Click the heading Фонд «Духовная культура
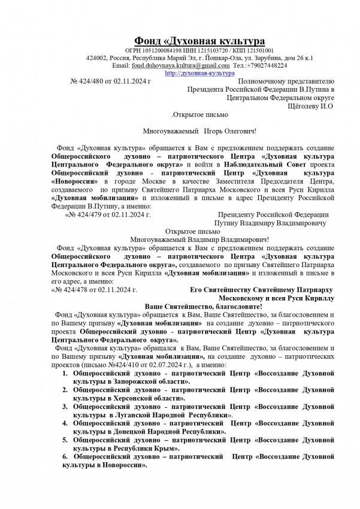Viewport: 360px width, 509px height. point(199,40)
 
